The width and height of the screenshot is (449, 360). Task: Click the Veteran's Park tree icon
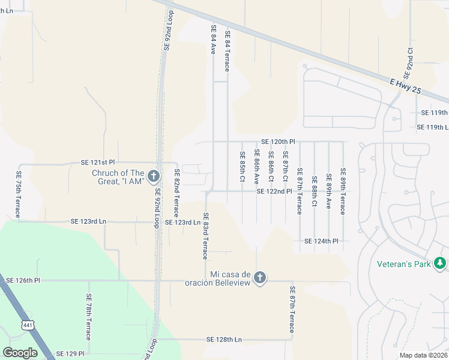(x=440, y=263)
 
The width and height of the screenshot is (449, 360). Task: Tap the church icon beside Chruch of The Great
(x=153, y=176)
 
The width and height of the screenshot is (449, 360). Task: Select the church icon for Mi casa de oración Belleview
(x=259, y=277)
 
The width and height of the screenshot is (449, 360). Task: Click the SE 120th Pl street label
(x=278, y=142)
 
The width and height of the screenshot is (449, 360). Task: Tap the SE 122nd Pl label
(x=274, y=191)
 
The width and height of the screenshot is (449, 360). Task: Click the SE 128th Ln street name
(x=223, y=340)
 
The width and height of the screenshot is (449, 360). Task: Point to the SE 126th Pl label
(x=22, y=280)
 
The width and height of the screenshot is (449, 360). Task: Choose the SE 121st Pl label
(x=98, y=163)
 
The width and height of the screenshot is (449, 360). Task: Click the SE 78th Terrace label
(x=88, y=317)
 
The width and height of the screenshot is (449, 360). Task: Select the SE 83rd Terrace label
(x=205, y=236)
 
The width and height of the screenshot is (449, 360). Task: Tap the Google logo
(x=20, y=353)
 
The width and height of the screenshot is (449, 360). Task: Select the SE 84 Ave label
(x=213, y=40)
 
